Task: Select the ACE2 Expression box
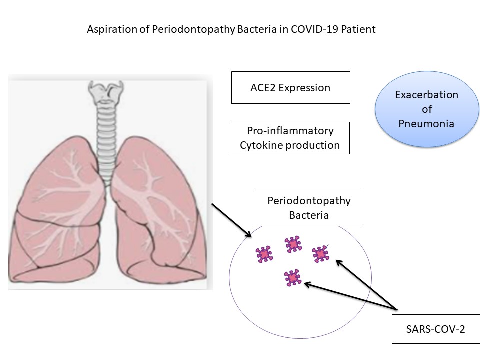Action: pos(290,88)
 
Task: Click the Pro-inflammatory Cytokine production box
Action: pos(290,138)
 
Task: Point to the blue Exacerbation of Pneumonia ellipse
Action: pos(426,109)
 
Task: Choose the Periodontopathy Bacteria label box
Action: pos(308,208)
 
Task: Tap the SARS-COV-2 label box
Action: pos(435,329)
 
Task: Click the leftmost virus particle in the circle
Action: pos(264,254)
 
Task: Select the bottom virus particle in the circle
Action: pos(292,277)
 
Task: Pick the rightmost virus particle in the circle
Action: pos(320,254)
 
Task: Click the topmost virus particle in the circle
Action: pos(293,244)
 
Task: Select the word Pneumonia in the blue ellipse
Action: pos(426,123)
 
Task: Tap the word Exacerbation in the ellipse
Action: pos(426,95)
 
